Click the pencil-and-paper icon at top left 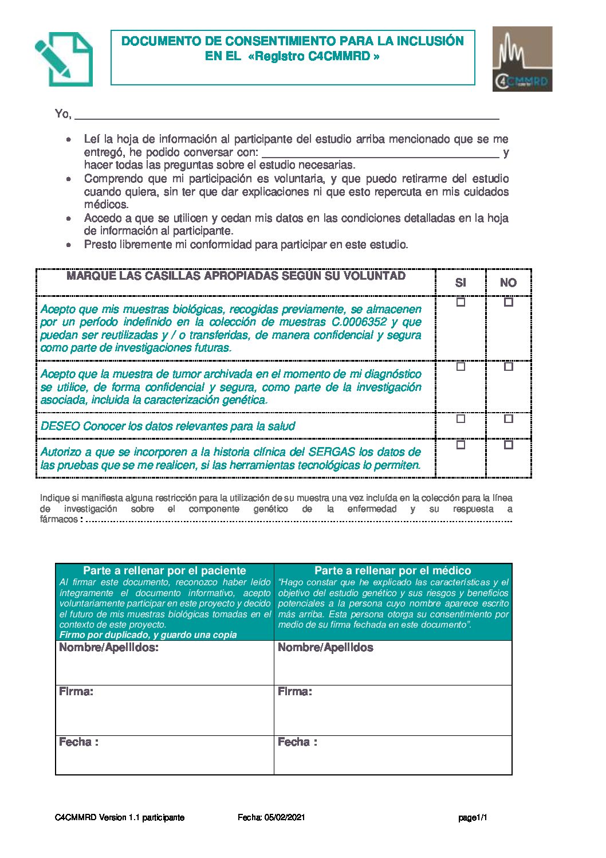(x=63, y=59)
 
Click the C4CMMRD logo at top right (x=522, y=59)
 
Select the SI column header (x=461, y=283)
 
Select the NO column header (x=508, y=283)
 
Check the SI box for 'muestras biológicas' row (x=461, y=302)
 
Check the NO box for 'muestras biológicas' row (x=508, y=302)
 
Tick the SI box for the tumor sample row (x=461, y=367)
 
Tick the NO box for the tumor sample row (x=508, y=367)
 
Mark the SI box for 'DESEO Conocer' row (x=461, y=419)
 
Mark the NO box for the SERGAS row (x=508, y=445)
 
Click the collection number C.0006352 (x=359, y=322)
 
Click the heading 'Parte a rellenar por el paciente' (x=164, y=571)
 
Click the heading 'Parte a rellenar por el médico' (x=393, y=571)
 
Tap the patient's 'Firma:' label (x=76, y=692)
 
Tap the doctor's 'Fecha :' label (x=297, y=742)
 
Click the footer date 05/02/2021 (x=285, y=817)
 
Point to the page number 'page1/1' (x=473, y=818)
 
